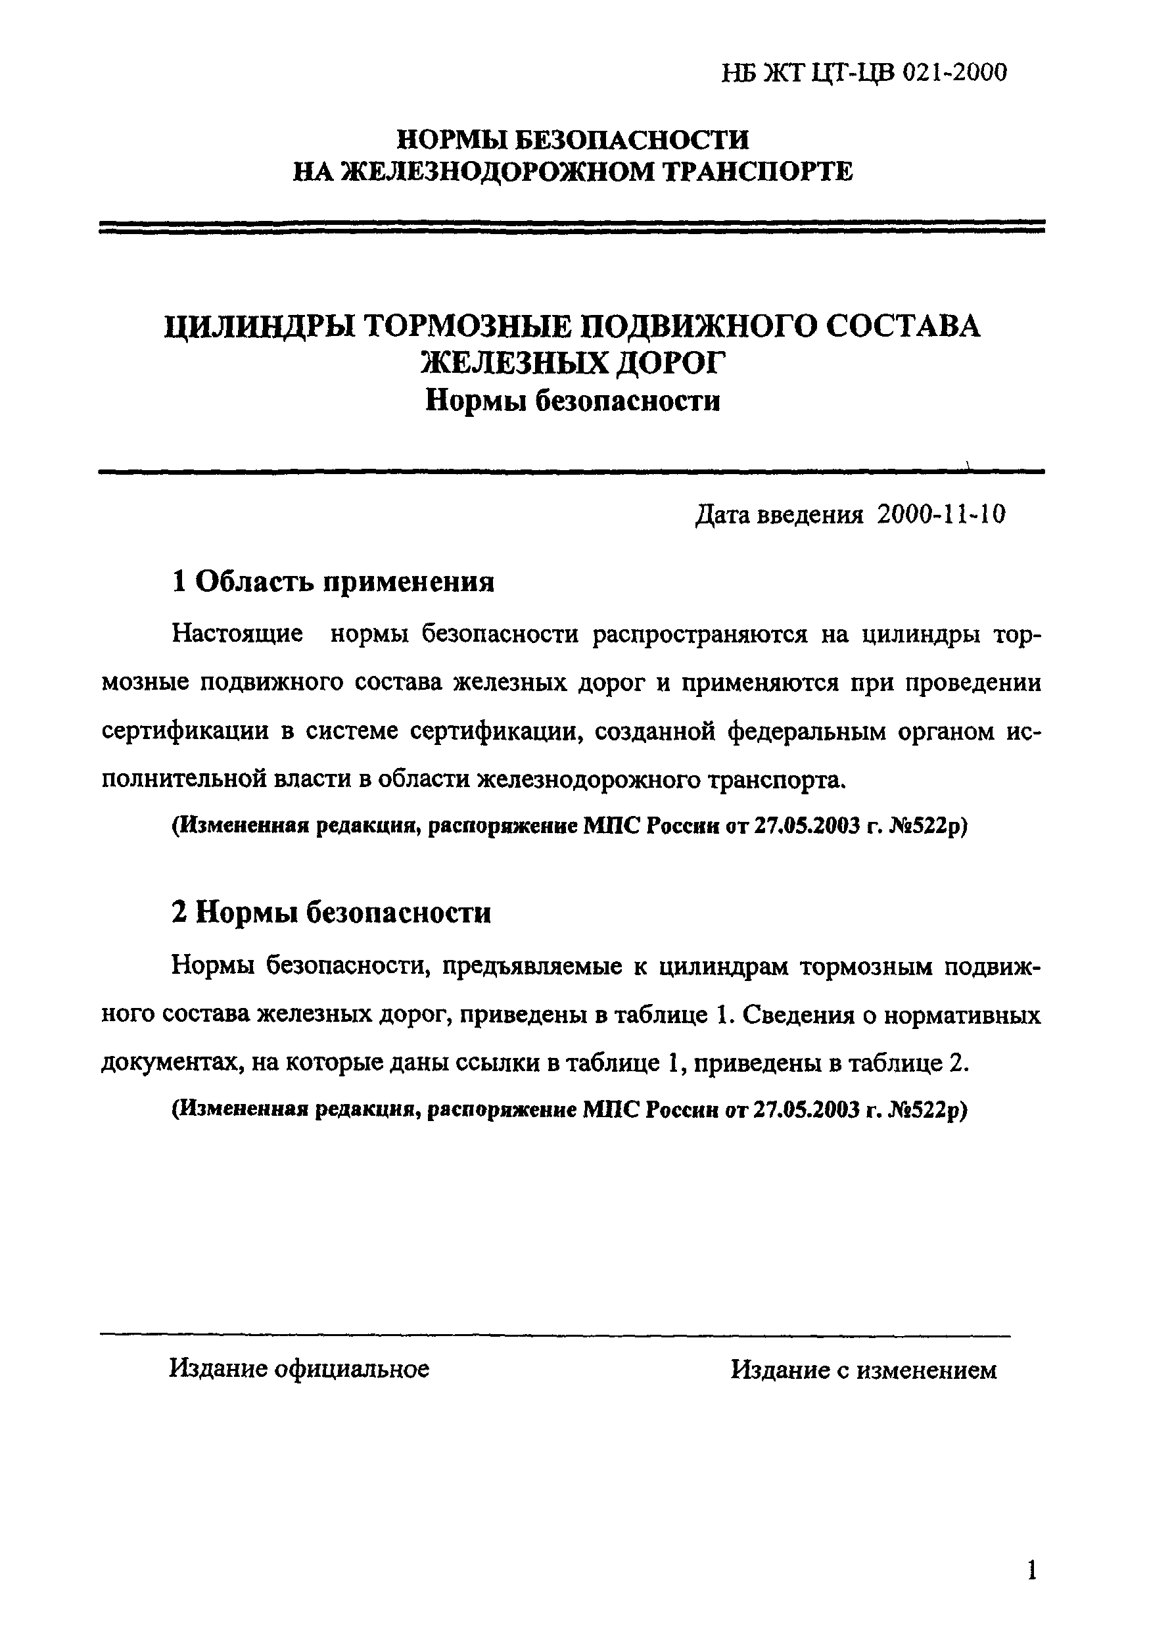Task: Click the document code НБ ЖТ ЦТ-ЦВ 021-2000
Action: coord(864,72)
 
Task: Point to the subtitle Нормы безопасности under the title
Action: coord(573,402)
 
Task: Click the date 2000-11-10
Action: coord(941,515)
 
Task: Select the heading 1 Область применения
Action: coord(333,582)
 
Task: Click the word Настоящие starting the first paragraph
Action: coord(238,634)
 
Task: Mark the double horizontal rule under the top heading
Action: coord(572,226)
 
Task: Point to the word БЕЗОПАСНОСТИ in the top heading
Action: coord(631,139)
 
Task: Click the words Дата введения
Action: coord(779,515)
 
